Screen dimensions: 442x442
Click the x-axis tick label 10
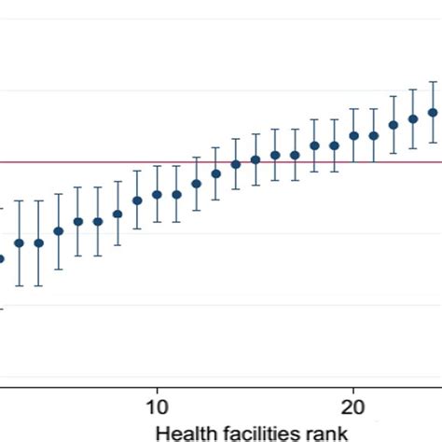(x=157, y=407)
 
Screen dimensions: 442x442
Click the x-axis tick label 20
(x=353, y=407)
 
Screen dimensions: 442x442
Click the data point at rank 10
(x=157, y=195)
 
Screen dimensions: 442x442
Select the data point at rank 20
(x=353, y=135)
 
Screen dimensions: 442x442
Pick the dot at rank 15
(x=256, y=159)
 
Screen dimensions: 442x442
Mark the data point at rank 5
(x=59, y=230)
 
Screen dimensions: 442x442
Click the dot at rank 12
(x=196, y=184)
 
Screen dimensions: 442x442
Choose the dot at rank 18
(x=314, y=145)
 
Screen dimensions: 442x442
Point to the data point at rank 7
(x=98, y=221)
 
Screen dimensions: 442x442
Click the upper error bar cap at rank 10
(x=157, y=167)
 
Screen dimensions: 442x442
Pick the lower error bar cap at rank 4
(x=39, y=285)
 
